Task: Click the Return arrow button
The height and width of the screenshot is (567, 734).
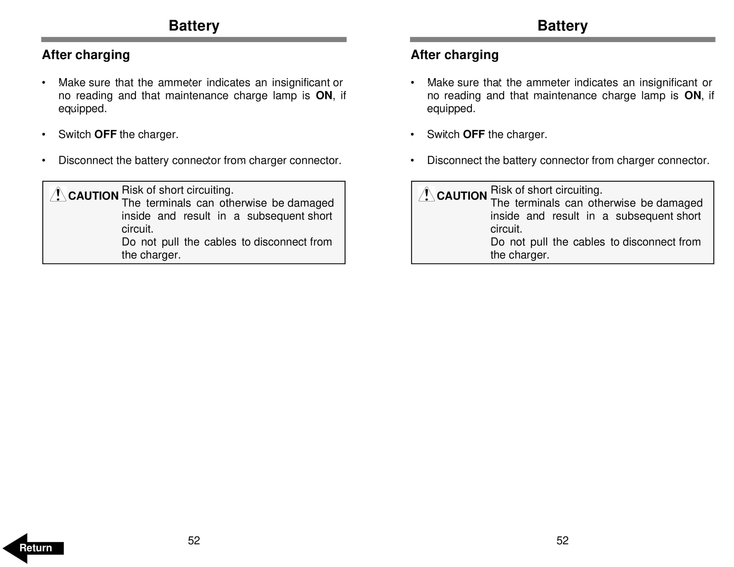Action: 33,548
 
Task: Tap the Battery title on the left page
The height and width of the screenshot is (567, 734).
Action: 194,25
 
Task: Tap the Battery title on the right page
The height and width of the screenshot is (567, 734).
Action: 563,25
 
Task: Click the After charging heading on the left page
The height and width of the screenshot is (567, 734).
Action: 86,55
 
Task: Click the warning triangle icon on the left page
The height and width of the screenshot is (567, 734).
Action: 58,194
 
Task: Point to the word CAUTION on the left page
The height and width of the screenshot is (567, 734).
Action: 93,196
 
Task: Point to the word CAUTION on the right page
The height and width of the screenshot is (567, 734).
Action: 462,196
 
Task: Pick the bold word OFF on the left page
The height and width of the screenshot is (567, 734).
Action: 105,134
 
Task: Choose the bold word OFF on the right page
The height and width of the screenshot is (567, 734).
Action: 474,134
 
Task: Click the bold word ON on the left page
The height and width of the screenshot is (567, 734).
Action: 324,95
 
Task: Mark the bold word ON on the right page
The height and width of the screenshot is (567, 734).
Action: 692,95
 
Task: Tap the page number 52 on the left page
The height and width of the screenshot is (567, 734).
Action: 194,540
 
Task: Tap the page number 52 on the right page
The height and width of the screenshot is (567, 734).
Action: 562,540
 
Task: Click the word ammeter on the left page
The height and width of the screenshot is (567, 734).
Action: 180,83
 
